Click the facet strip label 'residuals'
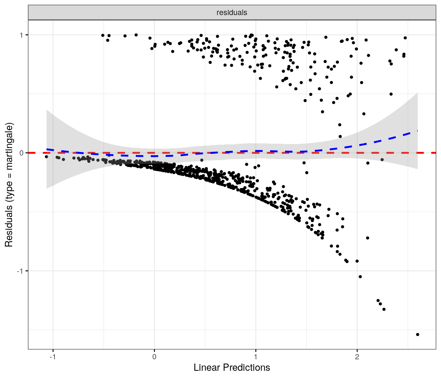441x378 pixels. (x=232, y=13)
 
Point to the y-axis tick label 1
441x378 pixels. (x=22, y=35)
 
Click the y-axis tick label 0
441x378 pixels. (x=22, y=153)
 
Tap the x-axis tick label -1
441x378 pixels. (x=52, y=357)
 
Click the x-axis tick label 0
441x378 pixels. (x=154, y=357)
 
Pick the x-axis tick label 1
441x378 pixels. (x=256, y=357)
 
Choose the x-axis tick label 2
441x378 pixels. (x=357, y=357)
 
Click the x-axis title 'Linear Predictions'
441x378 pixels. (x=232, y=367)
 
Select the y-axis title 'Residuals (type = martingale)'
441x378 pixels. (x=9, y=185)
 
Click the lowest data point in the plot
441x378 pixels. (x=417, y=334)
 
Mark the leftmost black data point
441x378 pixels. (x=47, y=157)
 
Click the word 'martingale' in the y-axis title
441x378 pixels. (x=9, y=146)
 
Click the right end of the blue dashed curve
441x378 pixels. (x=417, y=131)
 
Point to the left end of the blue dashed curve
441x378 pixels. (x=47, y=149)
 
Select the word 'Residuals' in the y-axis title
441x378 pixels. (x=9, y=226)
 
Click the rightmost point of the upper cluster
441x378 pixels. (x=405, y=38)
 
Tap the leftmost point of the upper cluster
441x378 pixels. (x=103, y=35)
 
